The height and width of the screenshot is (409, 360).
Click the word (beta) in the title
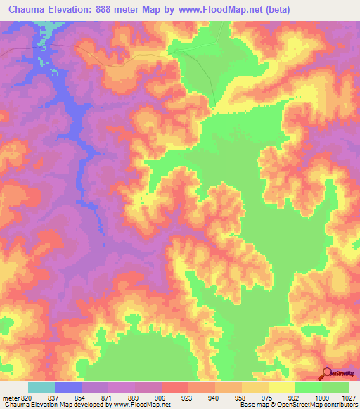(x=274, y=10)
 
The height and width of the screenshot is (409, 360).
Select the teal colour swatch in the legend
(x=41, y=387)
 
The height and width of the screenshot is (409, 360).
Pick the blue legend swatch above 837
(x=68, y=387)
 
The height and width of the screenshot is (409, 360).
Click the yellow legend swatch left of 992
(x=282, y=387)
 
